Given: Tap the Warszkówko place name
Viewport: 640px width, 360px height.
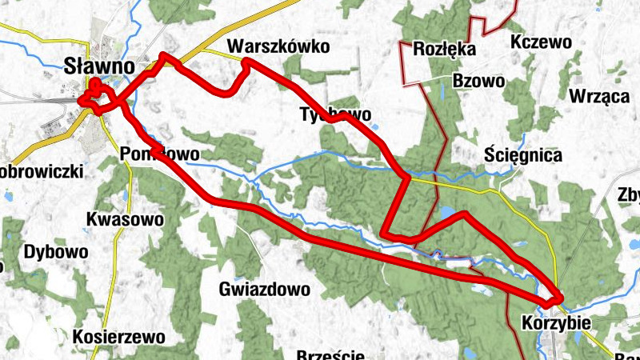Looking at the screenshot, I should (x=278, y=46).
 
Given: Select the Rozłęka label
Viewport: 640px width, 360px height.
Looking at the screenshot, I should (x=445, y=50).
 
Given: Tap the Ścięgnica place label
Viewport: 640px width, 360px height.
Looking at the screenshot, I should (x=524, y=154).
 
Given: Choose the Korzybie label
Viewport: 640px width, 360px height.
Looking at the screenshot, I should (x=555, y=323).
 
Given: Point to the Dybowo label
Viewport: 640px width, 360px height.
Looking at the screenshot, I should (x=56, y=252).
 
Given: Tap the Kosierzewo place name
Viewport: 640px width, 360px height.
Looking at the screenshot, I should (x=118, y=336).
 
